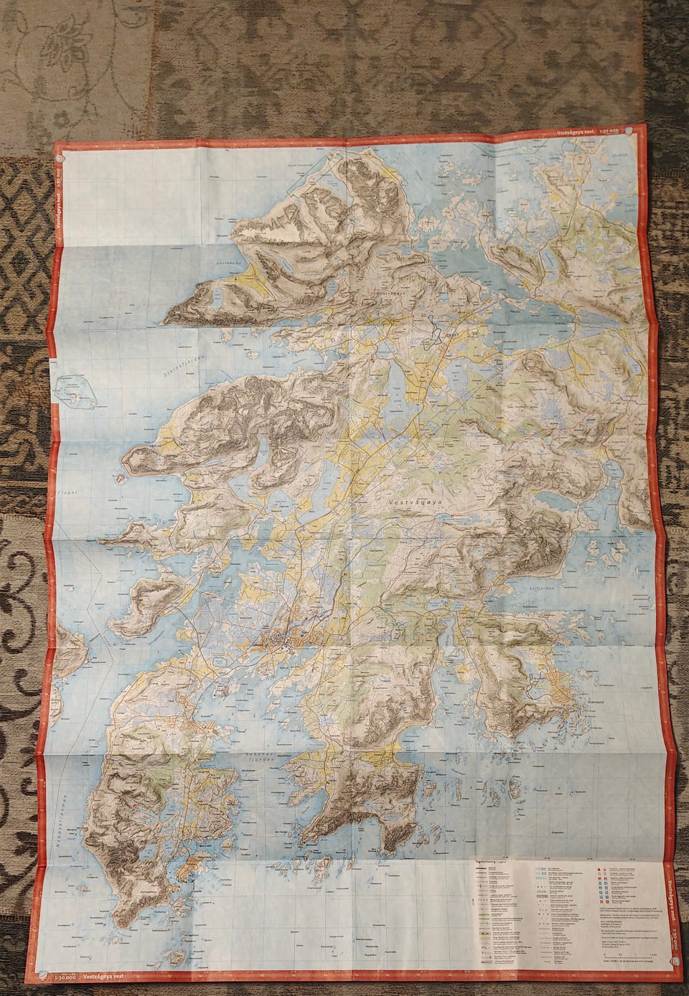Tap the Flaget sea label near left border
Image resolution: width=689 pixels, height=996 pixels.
108,494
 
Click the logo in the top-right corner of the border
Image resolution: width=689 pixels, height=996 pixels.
629,130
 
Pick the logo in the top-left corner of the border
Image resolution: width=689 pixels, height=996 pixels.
61,152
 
